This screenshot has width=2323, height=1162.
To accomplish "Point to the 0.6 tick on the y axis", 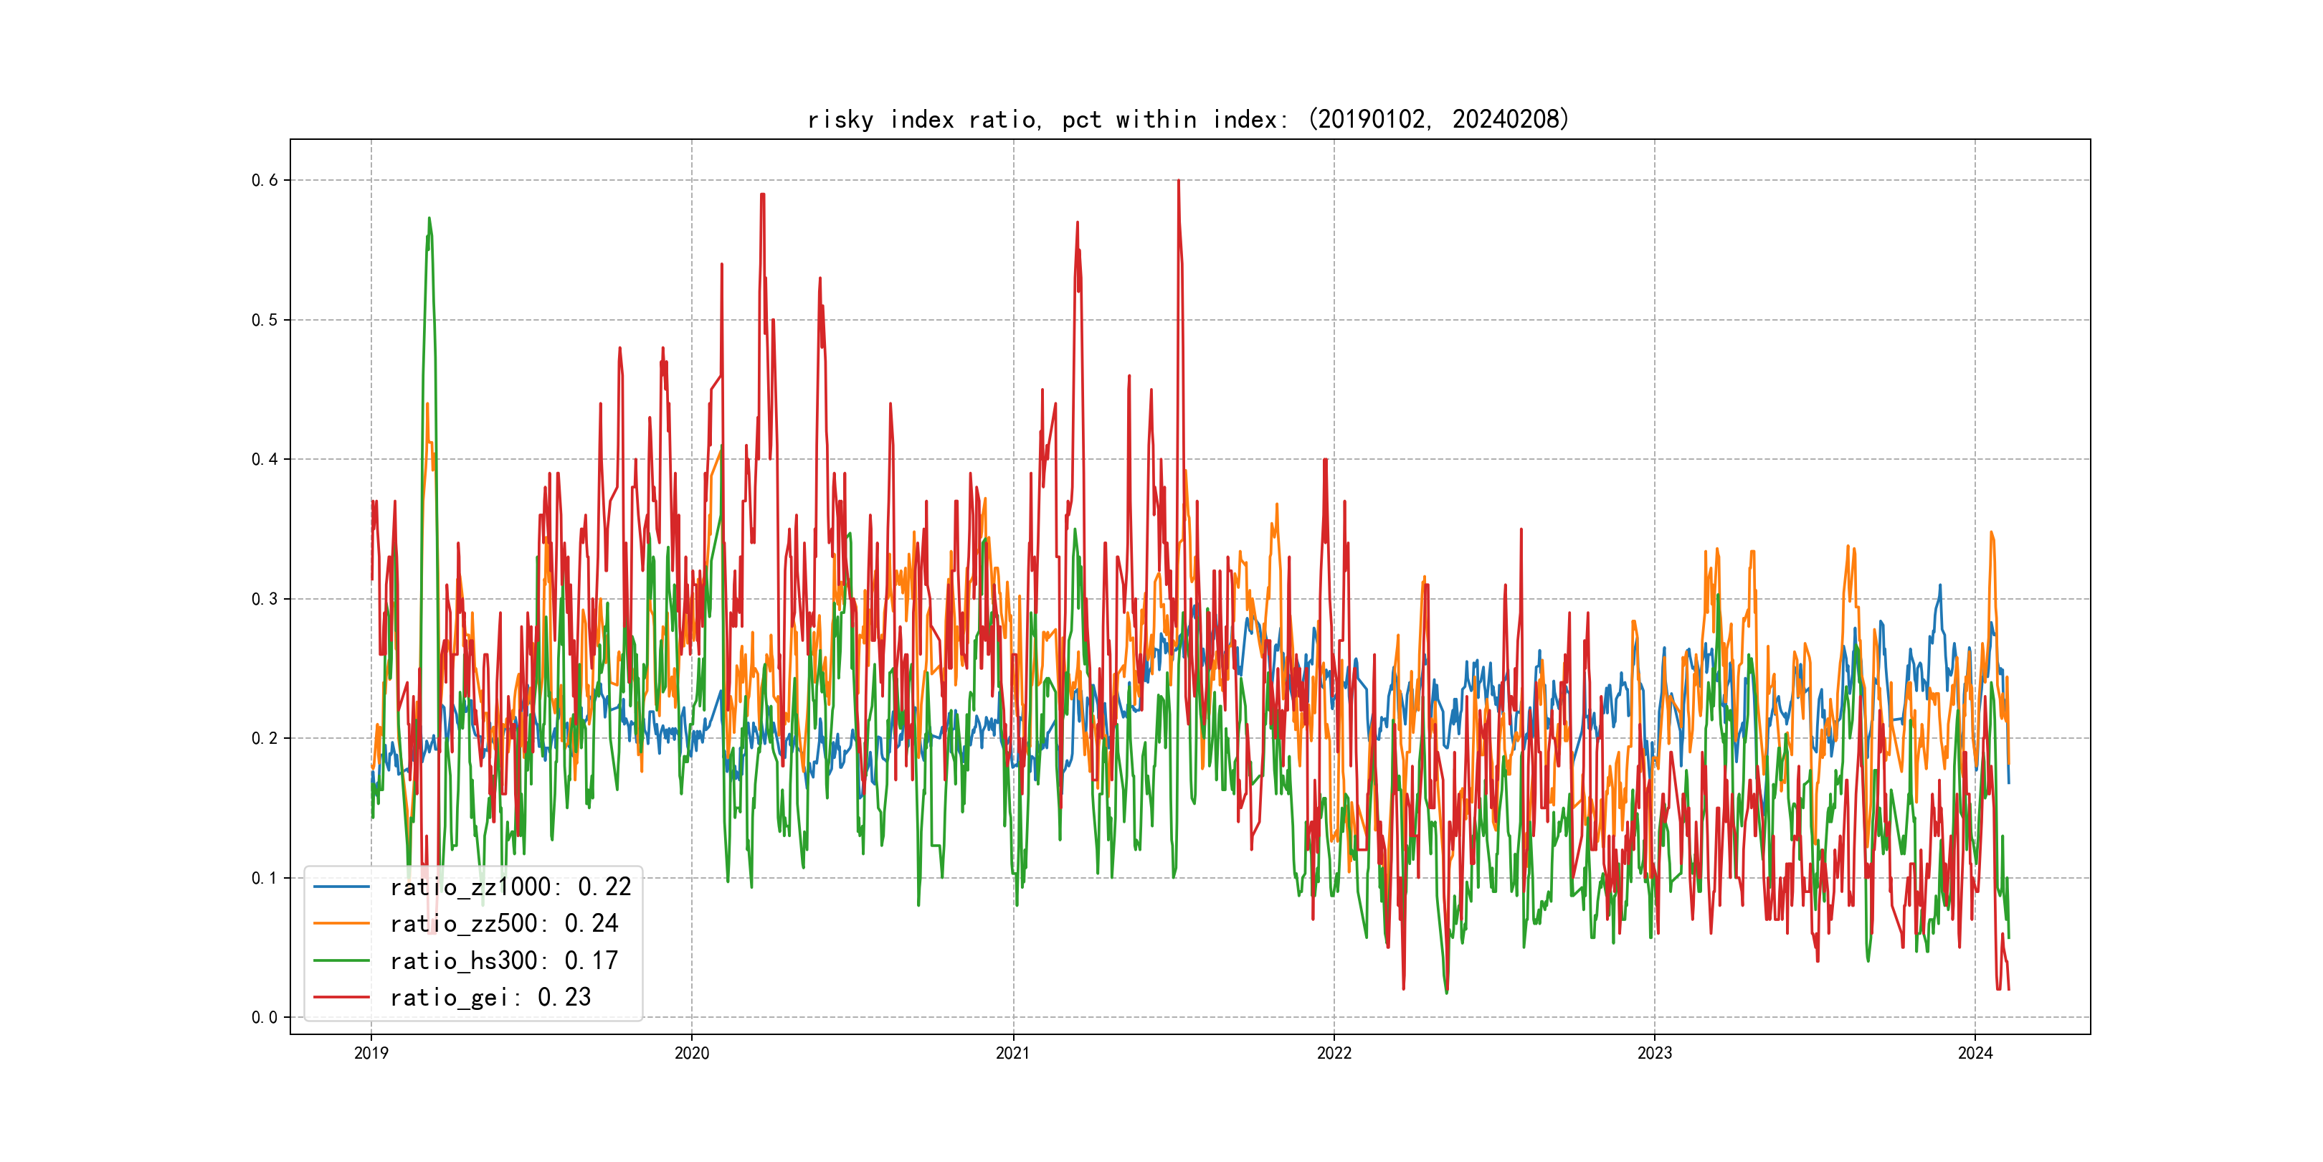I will tap(265, 181).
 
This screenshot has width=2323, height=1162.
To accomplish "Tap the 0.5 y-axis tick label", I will tap(265, 321).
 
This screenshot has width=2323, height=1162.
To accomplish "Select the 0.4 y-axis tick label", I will tap(265, 459).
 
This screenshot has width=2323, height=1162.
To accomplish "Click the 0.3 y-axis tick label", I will tap(265, 599).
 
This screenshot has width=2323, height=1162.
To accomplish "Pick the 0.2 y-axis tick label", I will tap(265, 738).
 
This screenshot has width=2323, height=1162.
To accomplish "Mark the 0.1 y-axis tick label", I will tap(265, 878).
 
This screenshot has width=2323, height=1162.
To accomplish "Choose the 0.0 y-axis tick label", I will tap(265, 1018).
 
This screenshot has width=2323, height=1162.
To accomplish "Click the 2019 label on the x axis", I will tap(371, 1053).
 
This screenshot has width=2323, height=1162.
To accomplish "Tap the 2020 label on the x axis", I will tap(692, 1053).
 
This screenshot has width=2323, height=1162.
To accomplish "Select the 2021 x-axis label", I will tap(1012, 1053).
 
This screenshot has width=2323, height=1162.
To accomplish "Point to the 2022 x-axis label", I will tap(1334, 1053).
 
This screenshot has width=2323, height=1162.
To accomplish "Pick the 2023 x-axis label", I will tap(1654, 1053).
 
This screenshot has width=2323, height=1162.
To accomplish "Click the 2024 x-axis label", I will tap(1975, 1053).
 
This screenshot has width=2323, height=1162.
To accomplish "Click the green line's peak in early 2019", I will tap(429, 218).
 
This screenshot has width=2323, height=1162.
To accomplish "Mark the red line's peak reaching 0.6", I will tap(1179, 181).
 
